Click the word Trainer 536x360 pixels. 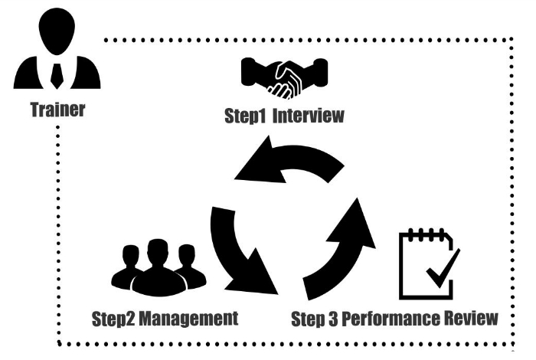tap(57, 109)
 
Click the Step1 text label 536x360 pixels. tap(243, 118)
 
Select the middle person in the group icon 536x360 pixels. tap(157, 264)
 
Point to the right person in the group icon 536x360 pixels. tap(188, 268)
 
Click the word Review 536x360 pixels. tap(472, 317)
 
